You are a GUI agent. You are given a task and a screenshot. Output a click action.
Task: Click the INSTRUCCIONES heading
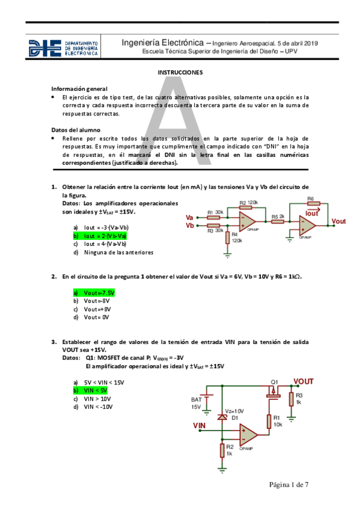(x=180, y=72)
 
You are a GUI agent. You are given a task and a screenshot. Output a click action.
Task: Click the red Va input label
(x=190, y=217)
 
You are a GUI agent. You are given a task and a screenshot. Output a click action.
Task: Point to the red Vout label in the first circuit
(x=339, y=221)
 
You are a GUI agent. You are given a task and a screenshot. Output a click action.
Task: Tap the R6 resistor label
(x=310, y=198)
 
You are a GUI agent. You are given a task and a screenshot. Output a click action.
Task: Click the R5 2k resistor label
(x=278, y=216)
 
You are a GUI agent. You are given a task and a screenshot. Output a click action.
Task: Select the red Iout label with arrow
(x=312, y=213)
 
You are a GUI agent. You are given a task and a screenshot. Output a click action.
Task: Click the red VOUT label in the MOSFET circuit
(x=304, y=381)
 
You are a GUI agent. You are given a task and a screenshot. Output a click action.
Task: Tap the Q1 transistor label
(x=275, y=382)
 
